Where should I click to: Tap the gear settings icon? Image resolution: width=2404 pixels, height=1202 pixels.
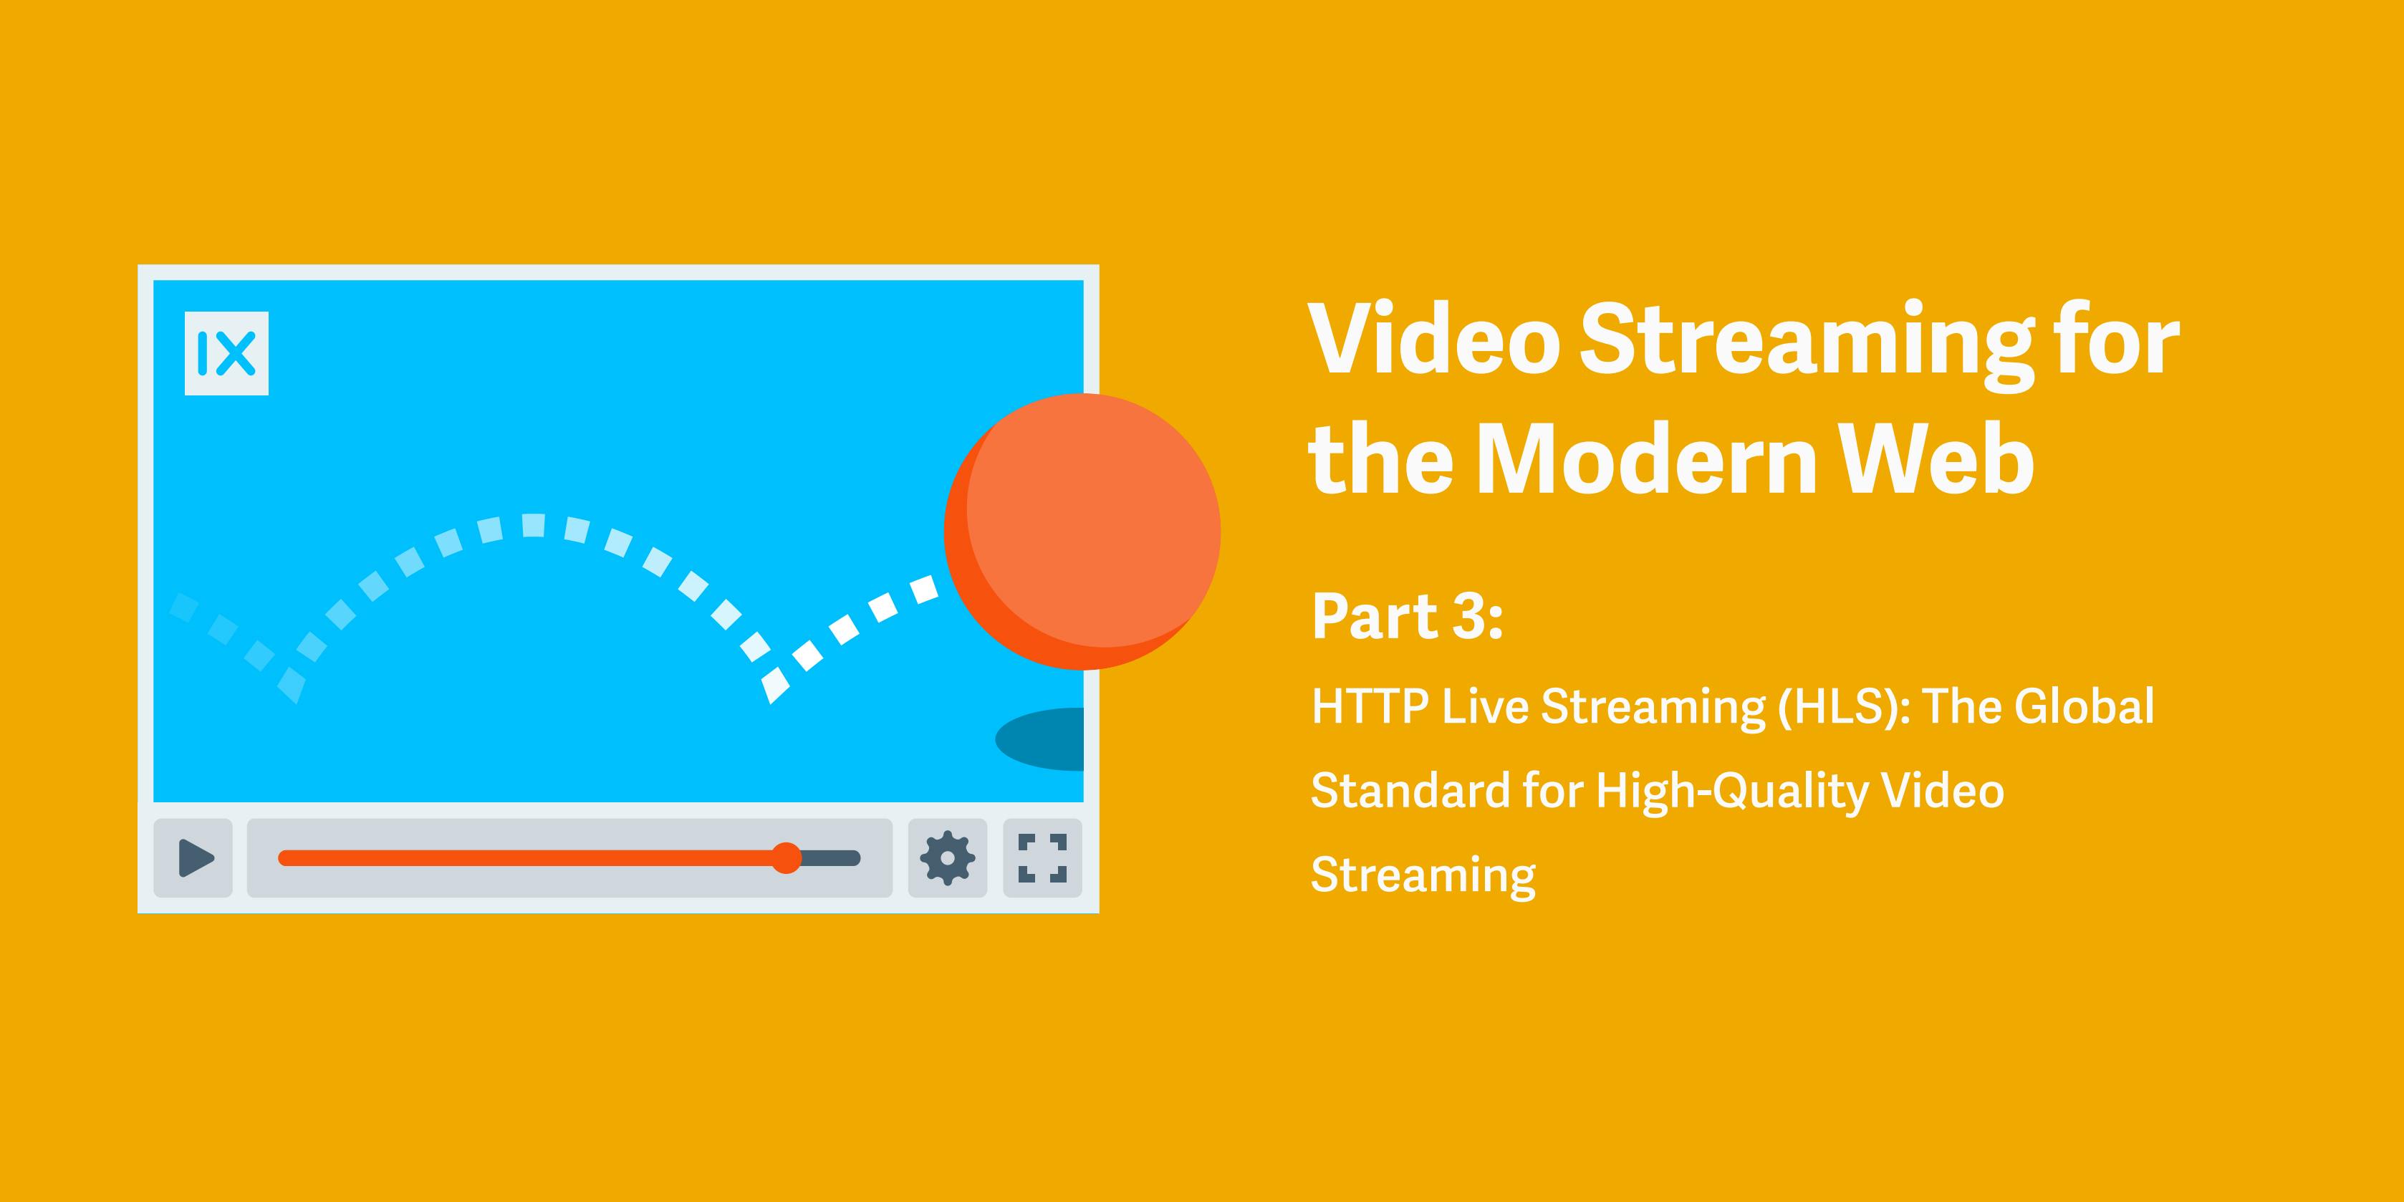pyautogui.click(x=947, y=857)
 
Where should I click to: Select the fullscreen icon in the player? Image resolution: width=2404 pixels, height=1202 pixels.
pyautogui.click(x=1042, y=857)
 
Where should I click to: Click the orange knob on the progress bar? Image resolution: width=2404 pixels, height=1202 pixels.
pyautogui.click(x=787, y=857)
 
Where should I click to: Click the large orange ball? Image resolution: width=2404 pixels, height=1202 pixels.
pyautogui.click(x=1082, y=532)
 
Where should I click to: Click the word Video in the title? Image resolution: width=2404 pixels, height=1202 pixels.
pyautogui.click(x=1434, y=339)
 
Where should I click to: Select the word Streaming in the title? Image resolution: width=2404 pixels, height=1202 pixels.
pyautogui.click(x=1807, y=343)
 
